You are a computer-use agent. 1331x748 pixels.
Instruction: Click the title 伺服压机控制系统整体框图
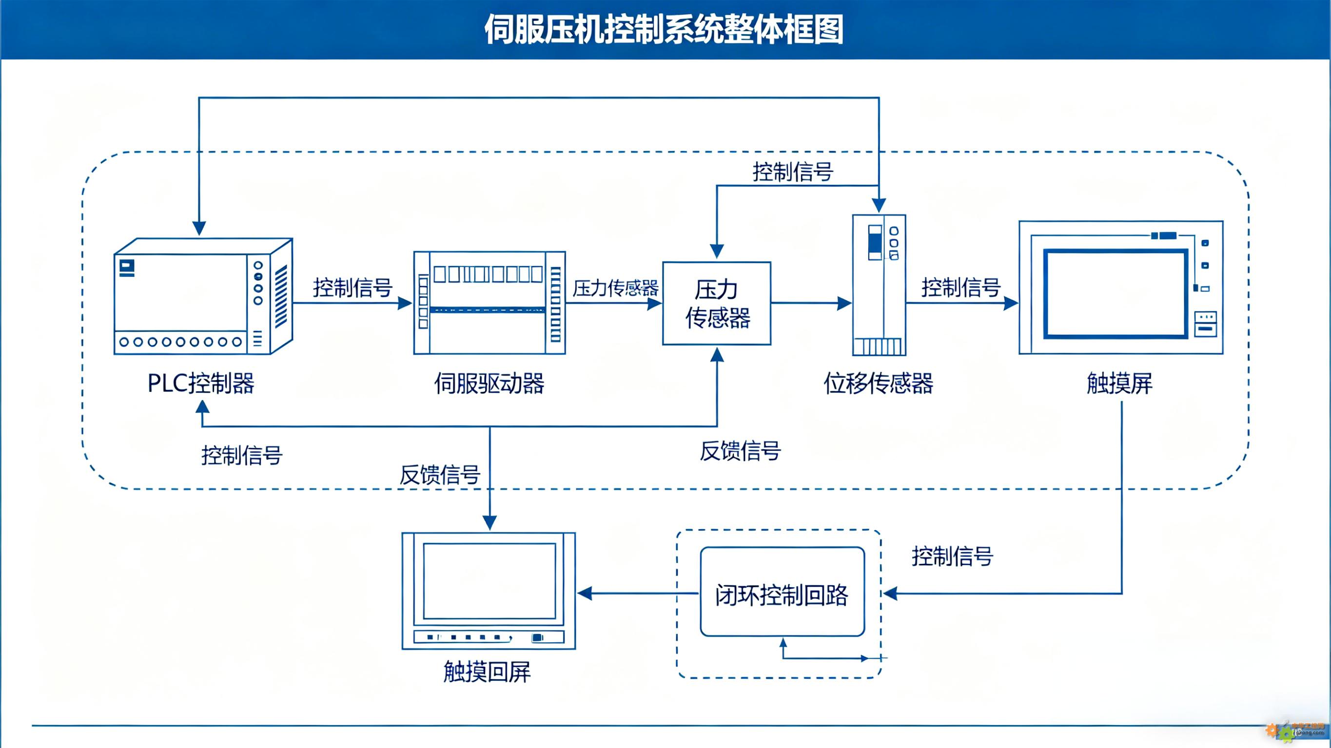click(664, 29)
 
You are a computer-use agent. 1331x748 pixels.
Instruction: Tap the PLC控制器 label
click(201, 384)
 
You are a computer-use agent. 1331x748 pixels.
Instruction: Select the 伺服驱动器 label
click(489, 384)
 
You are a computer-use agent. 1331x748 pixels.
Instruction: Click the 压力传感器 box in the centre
click(717, 303)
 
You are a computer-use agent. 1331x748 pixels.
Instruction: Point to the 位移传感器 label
click(879, 384)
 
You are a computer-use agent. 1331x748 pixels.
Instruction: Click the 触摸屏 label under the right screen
click(1120, 384)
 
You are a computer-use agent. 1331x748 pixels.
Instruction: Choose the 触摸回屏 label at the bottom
click(487, 671)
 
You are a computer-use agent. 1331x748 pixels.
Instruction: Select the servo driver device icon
click(489, 303)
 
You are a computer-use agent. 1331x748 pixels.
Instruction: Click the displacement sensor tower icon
click(879, 285)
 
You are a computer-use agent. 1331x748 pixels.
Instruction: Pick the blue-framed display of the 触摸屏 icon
click(1116, 293)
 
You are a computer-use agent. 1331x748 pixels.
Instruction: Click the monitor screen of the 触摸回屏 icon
click(489, 581)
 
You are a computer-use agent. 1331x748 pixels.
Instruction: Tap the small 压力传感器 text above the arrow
click(615, 288)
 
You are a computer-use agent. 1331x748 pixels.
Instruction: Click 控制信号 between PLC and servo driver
click(353, 287)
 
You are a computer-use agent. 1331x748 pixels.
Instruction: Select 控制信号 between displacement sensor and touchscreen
click(961, 287)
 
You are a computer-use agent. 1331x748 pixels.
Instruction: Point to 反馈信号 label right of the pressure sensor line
click(740, 450)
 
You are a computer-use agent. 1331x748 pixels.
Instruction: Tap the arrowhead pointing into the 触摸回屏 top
click(489, 523)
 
